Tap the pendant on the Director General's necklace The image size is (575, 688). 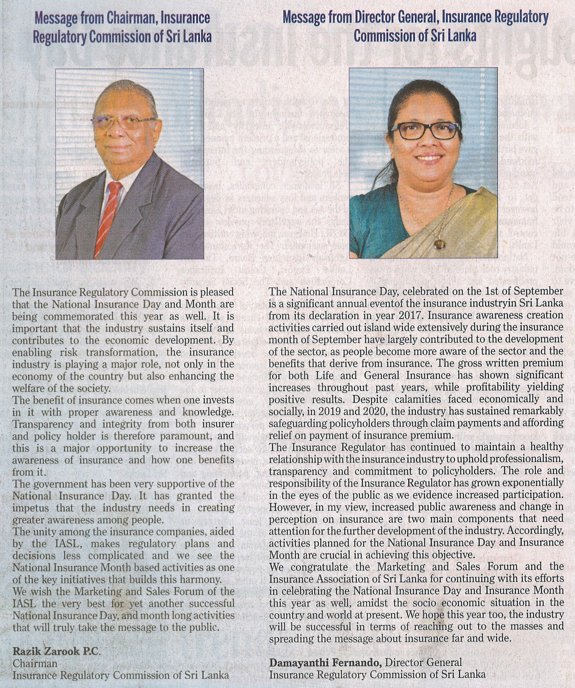pos(440,245)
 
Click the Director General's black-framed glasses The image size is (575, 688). pos(426,130)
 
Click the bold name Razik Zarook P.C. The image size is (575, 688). pos(56,651)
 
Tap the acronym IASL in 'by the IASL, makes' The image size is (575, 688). pos(67,543)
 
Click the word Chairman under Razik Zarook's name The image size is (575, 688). pos(35,663)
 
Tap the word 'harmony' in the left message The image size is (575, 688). pos(202,579)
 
